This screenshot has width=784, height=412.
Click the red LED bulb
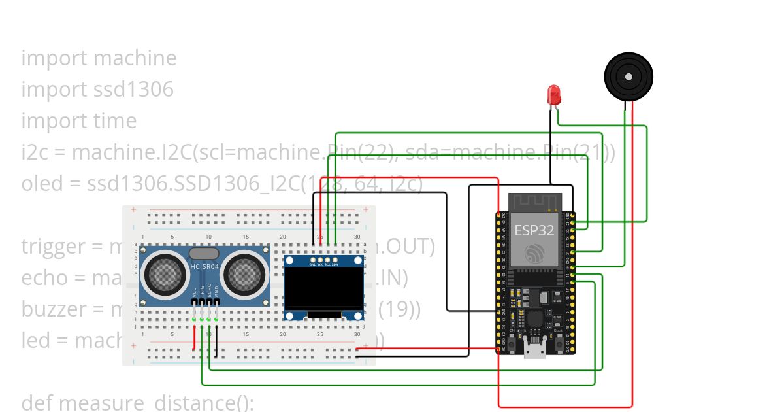[554, 94]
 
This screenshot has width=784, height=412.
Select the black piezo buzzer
[629, 77]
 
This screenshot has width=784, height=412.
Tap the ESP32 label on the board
[534, 230]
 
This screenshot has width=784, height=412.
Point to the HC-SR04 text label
[204, 267]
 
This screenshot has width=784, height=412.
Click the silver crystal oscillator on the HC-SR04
[204, 253]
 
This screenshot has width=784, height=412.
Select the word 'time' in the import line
[116, 121]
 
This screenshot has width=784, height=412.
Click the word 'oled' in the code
[41, 184]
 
